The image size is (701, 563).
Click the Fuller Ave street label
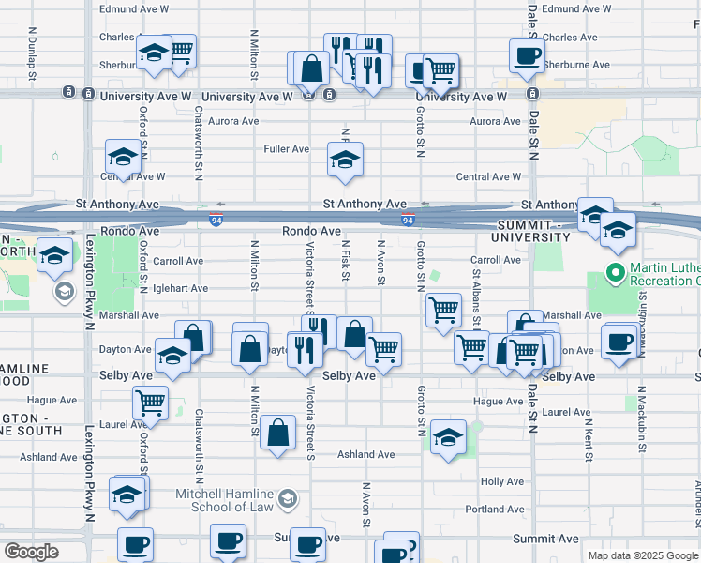(286, 149)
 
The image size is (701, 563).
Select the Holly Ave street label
(501, 481)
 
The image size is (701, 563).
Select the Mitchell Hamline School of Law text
(224, 500)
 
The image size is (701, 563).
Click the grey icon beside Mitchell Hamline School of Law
(288, 497)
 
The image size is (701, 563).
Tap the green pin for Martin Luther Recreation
(615, 274)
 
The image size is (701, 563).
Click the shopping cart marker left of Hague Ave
(150, 403)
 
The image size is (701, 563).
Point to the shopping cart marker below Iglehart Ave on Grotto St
(442, 310)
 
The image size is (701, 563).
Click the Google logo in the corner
(31, 552)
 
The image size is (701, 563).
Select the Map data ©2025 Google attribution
(643, 555)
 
